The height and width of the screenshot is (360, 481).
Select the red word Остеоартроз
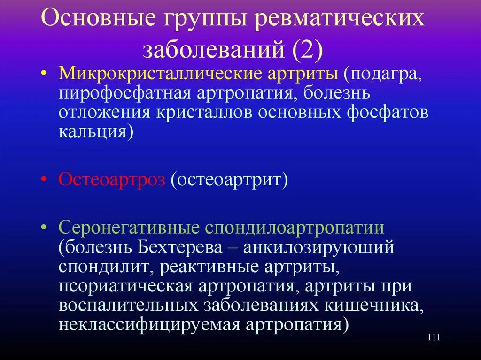coord(112,180)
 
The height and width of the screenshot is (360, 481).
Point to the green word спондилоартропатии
coord(295,228)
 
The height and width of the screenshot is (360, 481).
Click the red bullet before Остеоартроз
coord(44,180)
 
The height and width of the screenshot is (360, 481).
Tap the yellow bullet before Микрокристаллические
coord(44,74)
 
